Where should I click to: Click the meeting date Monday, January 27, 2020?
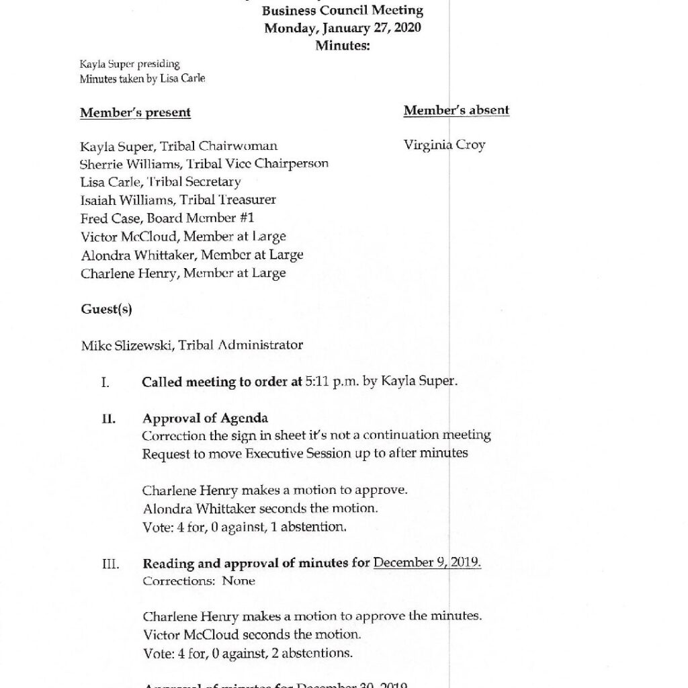point(343,28)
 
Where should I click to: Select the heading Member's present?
point(135,112)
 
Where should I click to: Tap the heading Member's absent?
point(456,110)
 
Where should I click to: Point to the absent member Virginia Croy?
point(444,145)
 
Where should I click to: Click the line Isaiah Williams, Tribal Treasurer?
point(178,200)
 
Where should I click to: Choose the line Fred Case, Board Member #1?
point(167,218)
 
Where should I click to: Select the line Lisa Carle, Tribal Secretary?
point(161,181)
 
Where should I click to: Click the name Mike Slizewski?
point(121,345)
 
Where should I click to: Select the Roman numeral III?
point(110,564)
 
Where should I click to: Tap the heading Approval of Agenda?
point(196,419)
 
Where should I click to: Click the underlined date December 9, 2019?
point(427,563)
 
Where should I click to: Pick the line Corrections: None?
point(199,581)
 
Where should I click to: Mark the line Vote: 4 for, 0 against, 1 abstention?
point(245,527)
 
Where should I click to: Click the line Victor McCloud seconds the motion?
point(252,634)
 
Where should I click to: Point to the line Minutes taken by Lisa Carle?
point(142,79)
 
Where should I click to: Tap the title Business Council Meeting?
point(343,11)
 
